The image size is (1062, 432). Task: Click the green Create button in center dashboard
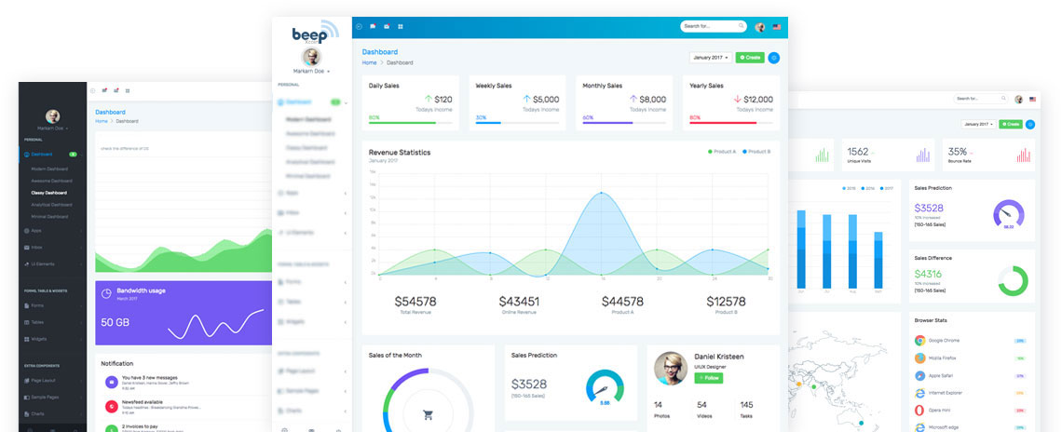tap(749, 58)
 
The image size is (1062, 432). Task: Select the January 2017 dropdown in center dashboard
tap(710, 58)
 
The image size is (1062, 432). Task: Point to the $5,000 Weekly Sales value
tap(546, 100)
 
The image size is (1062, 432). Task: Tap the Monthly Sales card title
tap(602, 86)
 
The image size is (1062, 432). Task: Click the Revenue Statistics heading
tap(400, 152)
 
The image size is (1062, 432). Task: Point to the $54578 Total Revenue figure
tap(415, 302)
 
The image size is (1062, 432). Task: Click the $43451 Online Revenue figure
tap(519, 302)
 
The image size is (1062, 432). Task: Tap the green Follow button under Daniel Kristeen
tap(708, 378)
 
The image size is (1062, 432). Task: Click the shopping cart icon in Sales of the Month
tap(429, 415)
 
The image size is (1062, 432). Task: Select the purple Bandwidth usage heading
tap(141, 291)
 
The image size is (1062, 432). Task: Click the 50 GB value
tap(115, 322)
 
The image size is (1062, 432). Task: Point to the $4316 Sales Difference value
tap(928, 274)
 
